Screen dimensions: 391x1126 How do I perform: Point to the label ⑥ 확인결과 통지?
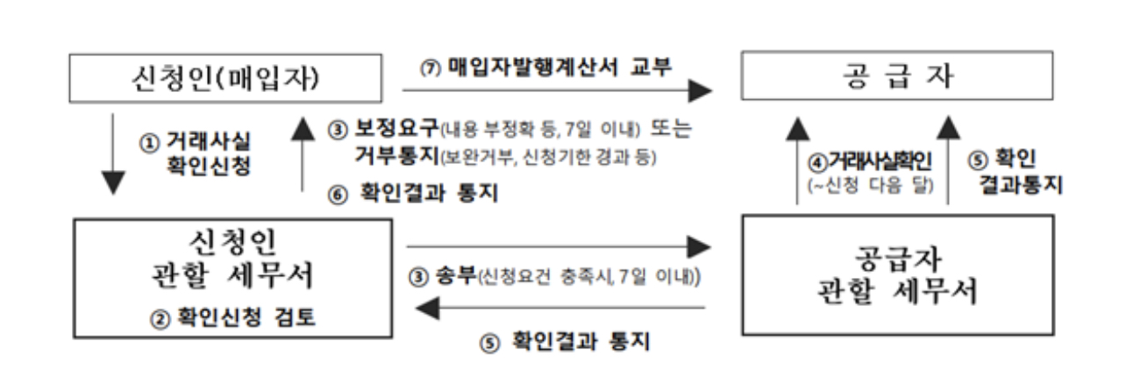click(413, 195)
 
